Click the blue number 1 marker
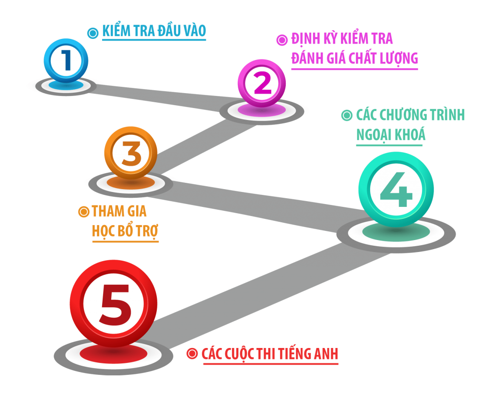click(x=66, y=60)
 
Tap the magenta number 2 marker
click(x=261, y=84)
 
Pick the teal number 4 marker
click(x=396, y=189)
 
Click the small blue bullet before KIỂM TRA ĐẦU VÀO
click(x=92, y=33)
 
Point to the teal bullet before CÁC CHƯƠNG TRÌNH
click(x=346, y=116)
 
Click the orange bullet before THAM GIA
click(x=83, y=211)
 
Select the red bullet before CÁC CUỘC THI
click(x=192, y=354)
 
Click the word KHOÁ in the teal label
click(x=410, y=135)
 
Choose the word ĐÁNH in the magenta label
click(x=307, y=59)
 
